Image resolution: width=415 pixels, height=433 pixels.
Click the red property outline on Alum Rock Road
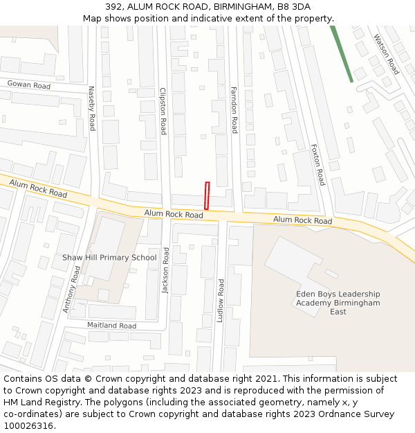click(x=206, y=195)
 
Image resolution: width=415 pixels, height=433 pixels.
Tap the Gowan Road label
click(x=29, y=85)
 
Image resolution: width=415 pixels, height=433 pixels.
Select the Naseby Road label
click(x=91, y=108)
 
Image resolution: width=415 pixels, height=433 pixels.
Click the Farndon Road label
click(x=234, y=109)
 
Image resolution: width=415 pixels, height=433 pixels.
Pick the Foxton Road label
click(x=317, y=165)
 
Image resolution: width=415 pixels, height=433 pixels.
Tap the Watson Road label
click(x=386, y=55)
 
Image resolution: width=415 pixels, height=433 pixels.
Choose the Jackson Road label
click(x=165, y=269)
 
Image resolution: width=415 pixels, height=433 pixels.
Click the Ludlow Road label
click(x=221, y=301)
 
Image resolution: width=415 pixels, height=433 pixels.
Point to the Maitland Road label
click(x=111, y=325)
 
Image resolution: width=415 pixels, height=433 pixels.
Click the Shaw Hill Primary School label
click(x=109, y=258)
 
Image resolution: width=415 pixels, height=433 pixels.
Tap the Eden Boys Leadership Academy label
click(x=338, y=303)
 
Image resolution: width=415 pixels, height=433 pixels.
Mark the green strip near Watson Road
click(x=342, y=54)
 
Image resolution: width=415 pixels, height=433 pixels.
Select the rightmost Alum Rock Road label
click(x=302, y=220)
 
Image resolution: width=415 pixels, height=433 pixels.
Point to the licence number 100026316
click(x=28, y=425)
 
